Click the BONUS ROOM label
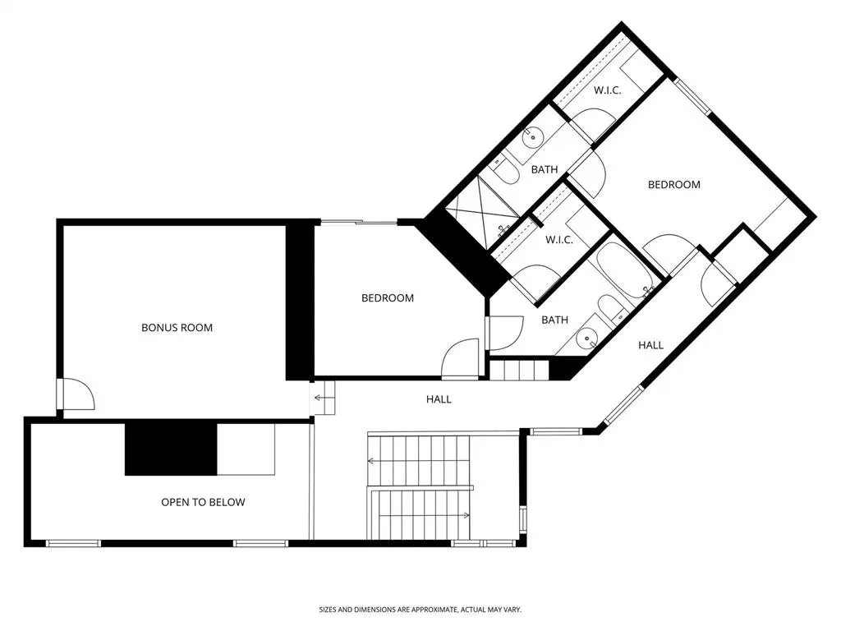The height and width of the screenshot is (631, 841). (177, 327)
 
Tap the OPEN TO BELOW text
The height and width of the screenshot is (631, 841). (204, 502)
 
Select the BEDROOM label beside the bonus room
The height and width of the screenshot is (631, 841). (388, 297)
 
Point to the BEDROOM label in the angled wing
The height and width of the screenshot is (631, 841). (673, 185)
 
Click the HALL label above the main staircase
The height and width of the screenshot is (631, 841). (439, 399)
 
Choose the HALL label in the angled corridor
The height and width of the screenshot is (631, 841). (650, 345)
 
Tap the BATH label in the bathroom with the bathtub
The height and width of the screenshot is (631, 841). (554, 320)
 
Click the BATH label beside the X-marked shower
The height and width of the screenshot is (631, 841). (545, 169)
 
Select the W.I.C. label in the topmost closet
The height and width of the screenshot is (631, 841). (607, 90)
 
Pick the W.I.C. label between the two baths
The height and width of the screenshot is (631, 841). (558, 240)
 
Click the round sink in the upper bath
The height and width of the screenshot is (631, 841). (533, 136)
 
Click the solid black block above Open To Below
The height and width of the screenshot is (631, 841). (171, 449)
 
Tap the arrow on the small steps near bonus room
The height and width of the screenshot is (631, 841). (322, 398)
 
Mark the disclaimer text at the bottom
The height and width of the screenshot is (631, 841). (420, 610)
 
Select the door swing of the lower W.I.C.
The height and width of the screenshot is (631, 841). (536, 279)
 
